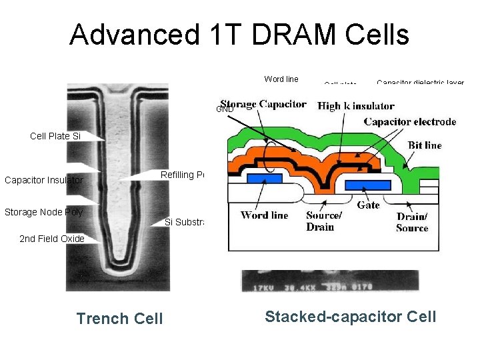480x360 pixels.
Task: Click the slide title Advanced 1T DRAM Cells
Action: [239, 35]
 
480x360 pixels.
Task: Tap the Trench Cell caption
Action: [119, 319]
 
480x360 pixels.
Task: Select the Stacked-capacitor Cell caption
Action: [350, 316]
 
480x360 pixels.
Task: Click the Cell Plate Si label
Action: [55, 136]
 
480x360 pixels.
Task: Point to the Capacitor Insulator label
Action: [44, 180]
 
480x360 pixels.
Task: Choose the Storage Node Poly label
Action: [43, 212]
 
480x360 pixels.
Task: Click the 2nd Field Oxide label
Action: [52, 239]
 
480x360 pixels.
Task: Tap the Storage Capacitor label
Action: [263, 104]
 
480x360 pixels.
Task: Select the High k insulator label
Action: [356, 106]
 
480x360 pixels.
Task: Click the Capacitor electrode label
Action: [410, 121]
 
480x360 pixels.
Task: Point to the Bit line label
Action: [424, 145]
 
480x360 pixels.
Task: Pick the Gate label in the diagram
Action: [368, 205]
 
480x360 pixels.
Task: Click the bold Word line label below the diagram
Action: [265, 215]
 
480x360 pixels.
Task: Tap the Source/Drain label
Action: [324, 221]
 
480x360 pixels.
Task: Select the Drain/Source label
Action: [412, 222]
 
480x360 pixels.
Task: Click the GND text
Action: [225, 109]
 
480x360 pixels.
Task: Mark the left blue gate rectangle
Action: [263, 179]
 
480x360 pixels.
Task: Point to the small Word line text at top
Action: [281, 79]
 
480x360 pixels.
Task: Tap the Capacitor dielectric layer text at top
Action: [420, 83]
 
